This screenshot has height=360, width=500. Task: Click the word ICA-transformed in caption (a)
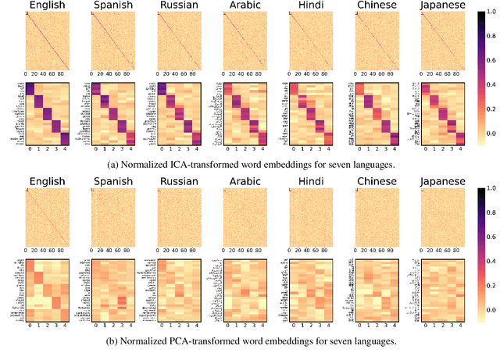199,164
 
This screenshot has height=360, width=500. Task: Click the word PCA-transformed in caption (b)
200,340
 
